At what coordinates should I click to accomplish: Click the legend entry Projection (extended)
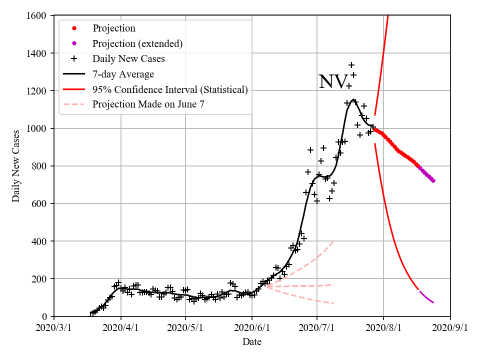137,43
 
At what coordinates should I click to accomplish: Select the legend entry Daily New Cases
128,58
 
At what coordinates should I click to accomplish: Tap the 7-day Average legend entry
123,74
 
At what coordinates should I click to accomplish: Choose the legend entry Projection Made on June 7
148,104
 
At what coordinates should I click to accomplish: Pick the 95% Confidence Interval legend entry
170,89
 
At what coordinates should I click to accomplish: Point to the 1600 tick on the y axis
38,16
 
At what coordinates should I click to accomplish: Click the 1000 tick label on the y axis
38,128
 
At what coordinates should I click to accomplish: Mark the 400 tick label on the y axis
40,241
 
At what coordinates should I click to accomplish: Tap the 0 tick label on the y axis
45,316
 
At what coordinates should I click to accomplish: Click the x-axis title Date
252,342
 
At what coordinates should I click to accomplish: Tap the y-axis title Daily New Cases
16,166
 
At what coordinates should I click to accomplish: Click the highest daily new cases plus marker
351,65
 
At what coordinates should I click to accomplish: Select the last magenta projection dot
433,180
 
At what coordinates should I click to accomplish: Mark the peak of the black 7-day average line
353,99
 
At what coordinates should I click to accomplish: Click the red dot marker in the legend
74,28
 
